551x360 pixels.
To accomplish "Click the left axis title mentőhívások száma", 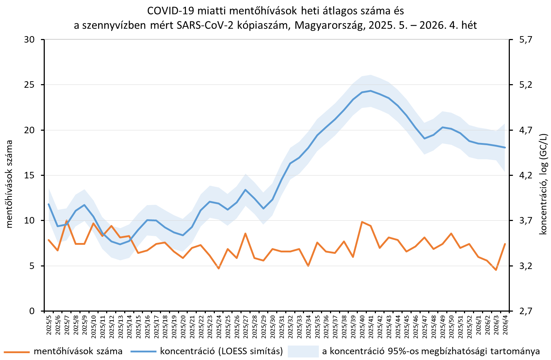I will [10, 184].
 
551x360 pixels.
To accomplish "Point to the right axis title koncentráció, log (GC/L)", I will [543, 184].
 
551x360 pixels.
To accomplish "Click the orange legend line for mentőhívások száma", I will [16, 351].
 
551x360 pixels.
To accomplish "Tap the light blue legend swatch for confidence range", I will [303, 351].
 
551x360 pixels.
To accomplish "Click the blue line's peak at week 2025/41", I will [371, 91].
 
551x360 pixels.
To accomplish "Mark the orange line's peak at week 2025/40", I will [362, 222].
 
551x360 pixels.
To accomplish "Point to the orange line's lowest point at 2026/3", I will [496, 270].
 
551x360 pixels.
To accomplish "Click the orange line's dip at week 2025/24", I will [218, 268].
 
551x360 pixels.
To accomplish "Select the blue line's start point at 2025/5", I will [49, 204].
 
